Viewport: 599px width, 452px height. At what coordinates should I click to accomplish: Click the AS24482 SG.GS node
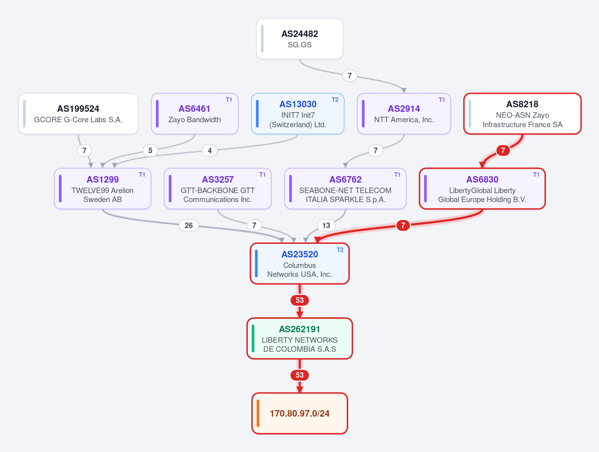click(x=300, y=39)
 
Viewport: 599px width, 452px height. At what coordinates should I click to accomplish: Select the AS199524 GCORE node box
click(x=78, y=114)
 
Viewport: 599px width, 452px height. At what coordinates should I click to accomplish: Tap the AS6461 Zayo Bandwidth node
click(x=195, y=114)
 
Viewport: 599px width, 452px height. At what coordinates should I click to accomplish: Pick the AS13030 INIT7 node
click(x=298, y=114)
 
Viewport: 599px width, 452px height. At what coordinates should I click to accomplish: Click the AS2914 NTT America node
click(x=404, y=114)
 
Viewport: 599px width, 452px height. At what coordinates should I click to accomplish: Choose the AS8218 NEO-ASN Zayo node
click(x=522, y=114)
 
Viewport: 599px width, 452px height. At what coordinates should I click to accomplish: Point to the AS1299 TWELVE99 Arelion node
click(x=102, y=189)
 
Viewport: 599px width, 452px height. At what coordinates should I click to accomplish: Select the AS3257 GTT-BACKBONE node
click(x=218, y=189)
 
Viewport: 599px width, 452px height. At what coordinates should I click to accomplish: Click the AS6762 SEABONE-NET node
click(x=345, y=189)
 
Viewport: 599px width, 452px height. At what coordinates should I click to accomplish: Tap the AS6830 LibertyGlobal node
click(x=482, y=189)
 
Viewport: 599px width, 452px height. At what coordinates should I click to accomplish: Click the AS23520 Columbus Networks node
click(x=300, y=263)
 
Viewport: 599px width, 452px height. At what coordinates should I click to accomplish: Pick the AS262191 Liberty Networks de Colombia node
click(x=300, y=338)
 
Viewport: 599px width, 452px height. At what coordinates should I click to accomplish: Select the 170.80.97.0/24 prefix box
click(x=300, y=414)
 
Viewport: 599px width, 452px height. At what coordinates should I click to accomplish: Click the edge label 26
click(x=189, y=226)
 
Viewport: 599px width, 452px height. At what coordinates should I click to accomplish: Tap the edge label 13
click(x=326, y=226)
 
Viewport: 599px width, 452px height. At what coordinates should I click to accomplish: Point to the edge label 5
click(x=150, y=151)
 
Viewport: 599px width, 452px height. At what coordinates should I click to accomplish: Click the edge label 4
click(x=210, y=151)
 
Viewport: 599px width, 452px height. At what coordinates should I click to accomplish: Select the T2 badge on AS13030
click(x=335, y=100)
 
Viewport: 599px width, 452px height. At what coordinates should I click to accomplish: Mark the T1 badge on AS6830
click(x=537, y=174)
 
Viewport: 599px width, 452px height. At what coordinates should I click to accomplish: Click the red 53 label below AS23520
click(x=300, y=300)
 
